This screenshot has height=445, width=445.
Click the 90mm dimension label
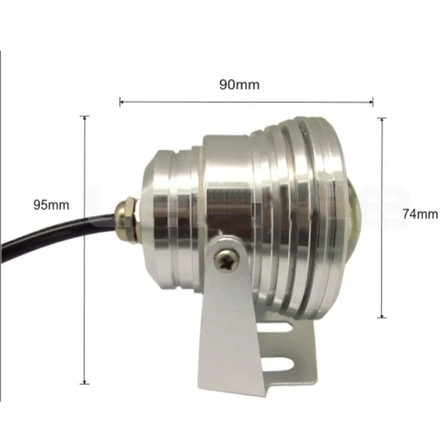click(239, 85)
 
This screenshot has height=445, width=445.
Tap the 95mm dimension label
click(51, 205)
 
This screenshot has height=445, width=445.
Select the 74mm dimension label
click(421, 214)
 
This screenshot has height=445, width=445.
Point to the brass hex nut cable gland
click(127, 220)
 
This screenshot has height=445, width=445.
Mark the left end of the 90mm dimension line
click(120, 101)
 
